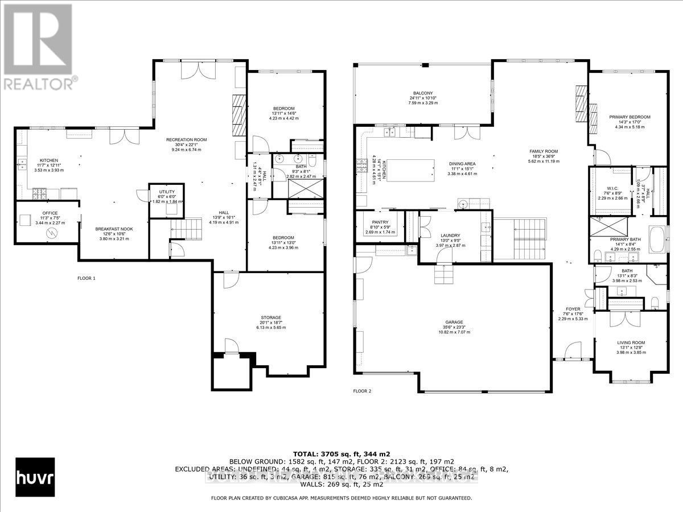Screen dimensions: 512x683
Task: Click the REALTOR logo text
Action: click(x=39, y=83)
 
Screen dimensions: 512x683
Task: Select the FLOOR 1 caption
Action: click(x=87, y=278)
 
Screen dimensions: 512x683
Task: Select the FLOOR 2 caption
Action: click(x=362, y=391)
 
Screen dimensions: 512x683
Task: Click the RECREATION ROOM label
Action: click(x=186, y=140)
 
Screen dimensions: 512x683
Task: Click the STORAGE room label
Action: click(x=271, y=317)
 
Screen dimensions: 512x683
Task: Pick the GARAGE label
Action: click(x=454, y=321)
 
